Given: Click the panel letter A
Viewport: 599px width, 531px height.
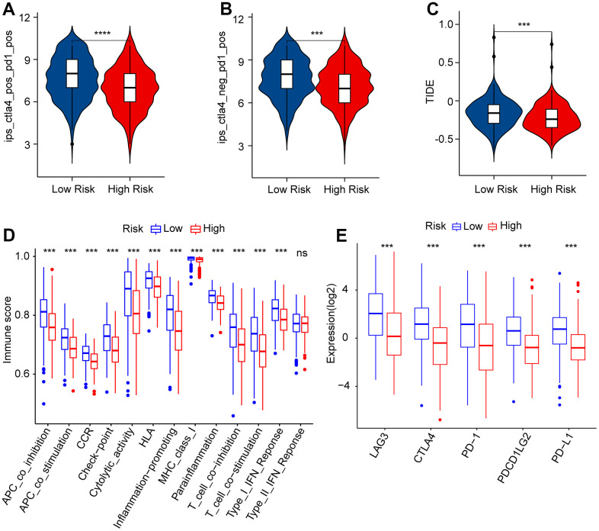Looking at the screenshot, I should click(x=8, y=9).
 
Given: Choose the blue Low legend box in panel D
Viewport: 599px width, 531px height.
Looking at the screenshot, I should click(x=156, y=227).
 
